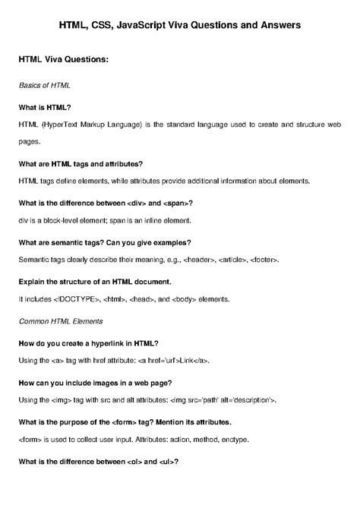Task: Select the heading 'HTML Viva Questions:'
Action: click(65, 59)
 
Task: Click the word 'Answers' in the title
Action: click(278, 25)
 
